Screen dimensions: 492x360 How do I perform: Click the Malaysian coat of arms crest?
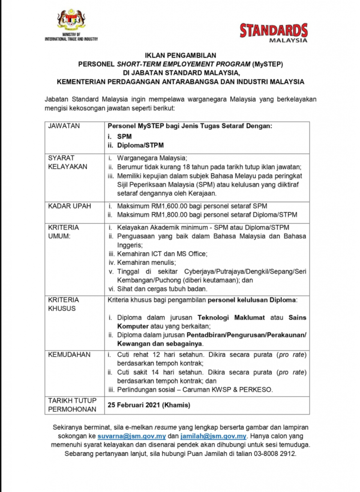71,21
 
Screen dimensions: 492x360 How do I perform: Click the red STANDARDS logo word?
274,30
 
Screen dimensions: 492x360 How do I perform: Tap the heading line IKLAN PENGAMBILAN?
180,55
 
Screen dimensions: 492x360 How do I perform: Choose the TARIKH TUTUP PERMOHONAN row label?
72,405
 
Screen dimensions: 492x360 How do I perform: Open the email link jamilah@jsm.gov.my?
214,437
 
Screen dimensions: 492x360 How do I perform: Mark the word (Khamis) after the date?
176,405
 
